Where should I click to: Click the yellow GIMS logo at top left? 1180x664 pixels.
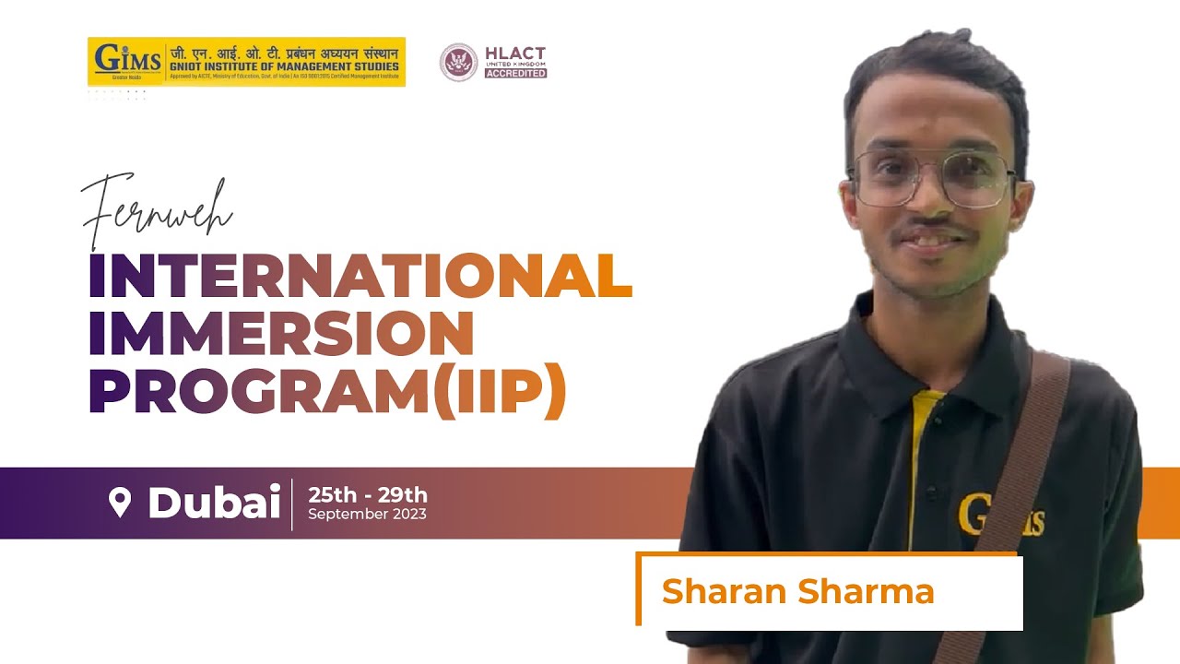pyautogui.click(x=127, y=62)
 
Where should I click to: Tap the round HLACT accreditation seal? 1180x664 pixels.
pyautogui.click(x=458, y=62)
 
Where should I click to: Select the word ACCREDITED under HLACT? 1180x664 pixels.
pyautogui.click(x=515, y=73)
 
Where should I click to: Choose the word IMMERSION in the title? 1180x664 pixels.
pyautogui.click(x=281, y=333)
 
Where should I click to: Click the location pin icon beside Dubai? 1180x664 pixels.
pyautogui.click(x=120, y=503)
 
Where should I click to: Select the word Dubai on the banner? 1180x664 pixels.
pyautogui.click(x=214, y=504)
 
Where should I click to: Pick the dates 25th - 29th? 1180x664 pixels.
pyautogui.click(x=368, y=495)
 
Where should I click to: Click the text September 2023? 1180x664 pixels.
pyautogui.click(x=367, y=515)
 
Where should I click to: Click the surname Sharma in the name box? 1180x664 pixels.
pyautogui.click(x=864, y=591)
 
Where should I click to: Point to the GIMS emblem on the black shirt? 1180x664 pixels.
pyautogui.click(x=999, y=515)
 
